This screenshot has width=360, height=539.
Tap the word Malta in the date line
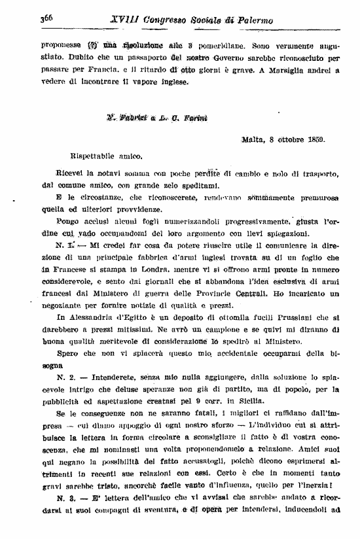pyautogui.click(x=253, y=139)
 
